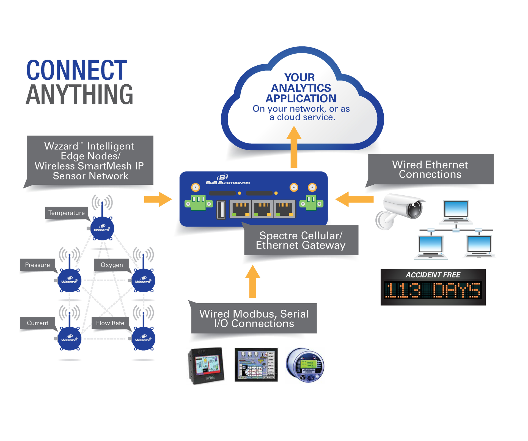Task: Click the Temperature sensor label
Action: click(x=66, y=213)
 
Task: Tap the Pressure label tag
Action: click(x=37, y=265)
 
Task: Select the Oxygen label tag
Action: click(x=112, y=265)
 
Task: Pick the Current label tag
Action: click(x=38, y=323)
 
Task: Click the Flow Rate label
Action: click(x=110, y=323)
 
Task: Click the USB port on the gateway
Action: click(x=221, y=209)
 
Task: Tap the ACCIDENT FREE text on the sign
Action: click(x=433, y=275)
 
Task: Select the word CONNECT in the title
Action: click(x=76, y=70)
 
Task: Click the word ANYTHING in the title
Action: click(x=79, y=95)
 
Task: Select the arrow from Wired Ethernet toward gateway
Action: click(x=354, y=199)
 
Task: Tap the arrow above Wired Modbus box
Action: click(x=253, y=282)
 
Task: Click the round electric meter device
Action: click(x=305, y=365)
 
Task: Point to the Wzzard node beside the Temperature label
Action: click(x=102, y=229)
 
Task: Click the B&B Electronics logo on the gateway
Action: click(x=227, y=179)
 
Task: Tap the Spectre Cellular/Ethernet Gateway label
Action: click(x=301, y=240)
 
